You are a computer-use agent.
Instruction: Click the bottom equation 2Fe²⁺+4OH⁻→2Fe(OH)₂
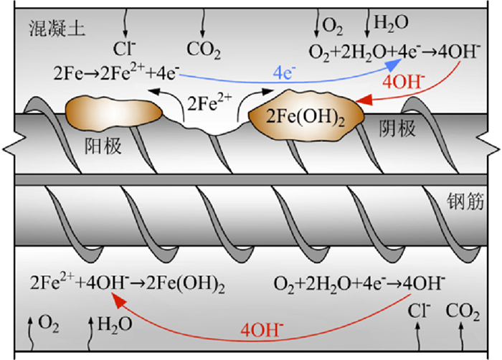(128, 283)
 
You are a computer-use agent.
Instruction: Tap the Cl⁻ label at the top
(122, 49)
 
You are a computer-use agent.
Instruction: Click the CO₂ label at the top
(204, 49)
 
